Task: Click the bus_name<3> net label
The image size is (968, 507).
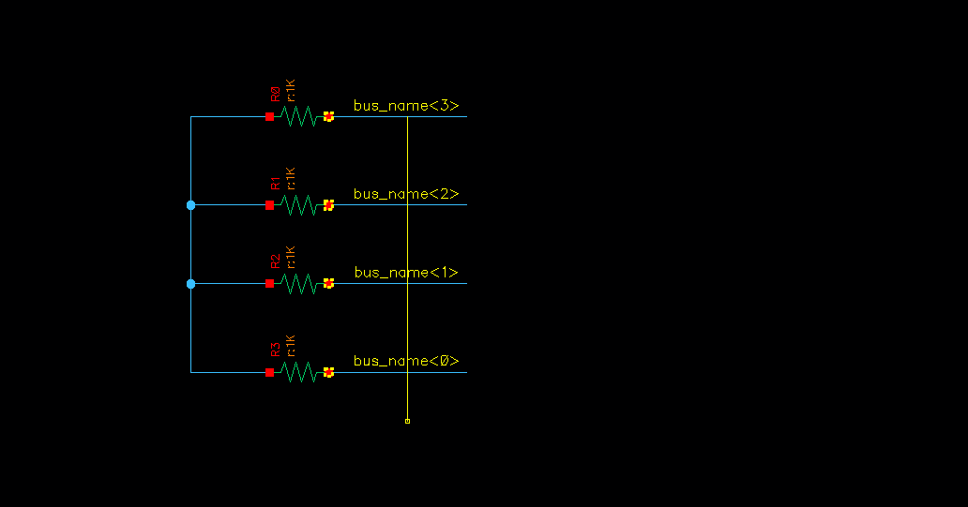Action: coord(406,106)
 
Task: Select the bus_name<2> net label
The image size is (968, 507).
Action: coord(406,194)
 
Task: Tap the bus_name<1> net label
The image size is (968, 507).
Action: coord(406,273)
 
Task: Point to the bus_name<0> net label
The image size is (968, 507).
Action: coord(406,361)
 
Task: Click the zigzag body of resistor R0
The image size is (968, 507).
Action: coord(299,117)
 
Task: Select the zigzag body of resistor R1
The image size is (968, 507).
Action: coord(299,205)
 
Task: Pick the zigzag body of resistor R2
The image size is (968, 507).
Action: coord(299,284)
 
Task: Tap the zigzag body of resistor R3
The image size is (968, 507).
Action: coord(299,372)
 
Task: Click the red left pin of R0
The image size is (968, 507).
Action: coord(270,117)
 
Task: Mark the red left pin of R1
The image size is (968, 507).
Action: coord(270,205)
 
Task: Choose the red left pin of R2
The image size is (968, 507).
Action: coord(270,284)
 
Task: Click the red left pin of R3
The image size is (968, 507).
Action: coord(270,372)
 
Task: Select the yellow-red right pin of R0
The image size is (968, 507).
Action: coord(328,117)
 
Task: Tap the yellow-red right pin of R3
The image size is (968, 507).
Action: coord(328,372)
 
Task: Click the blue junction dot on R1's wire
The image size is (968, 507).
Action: coord(191,205)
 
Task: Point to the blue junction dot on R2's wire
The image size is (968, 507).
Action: coord(191,284)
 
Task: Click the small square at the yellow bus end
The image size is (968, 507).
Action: coord(407,421)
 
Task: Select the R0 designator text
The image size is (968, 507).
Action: coord(276,94)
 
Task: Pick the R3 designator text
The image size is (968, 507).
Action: coord(276,349)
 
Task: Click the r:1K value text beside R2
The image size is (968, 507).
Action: coord(291,258)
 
